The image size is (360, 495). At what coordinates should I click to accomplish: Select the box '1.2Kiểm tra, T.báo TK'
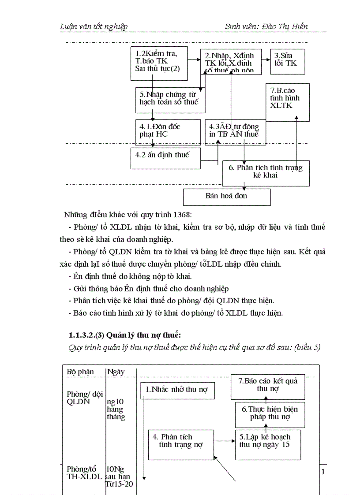click(x=159, y=63)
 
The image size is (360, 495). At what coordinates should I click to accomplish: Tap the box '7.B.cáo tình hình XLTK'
click(x=287, y=102)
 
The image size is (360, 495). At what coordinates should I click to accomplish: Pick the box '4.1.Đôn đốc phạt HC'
click(x=165, y=131)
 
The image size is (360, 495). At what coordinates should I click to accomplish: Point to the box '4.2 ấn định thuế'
click(x=166, y=158)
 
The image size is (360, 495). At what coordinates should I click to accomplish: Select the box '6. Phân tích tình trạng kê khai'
click(x=266, y=172)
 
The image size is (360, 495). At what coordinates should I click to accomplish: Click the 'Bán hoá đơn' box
click(x=226, y=197)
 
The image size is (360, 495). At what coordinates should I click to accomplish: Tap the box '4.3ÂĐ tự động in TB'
click(x=235, y=131)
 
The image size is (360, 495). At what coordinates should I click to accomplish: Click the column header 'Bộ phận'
click(x=80, y=372)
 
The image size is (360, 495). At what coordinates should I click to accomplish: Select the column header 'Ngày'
click(x=116, y=372)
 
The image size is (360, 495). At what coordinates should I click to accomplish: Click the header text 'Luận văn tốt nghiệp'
click(x=94, y=26)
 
